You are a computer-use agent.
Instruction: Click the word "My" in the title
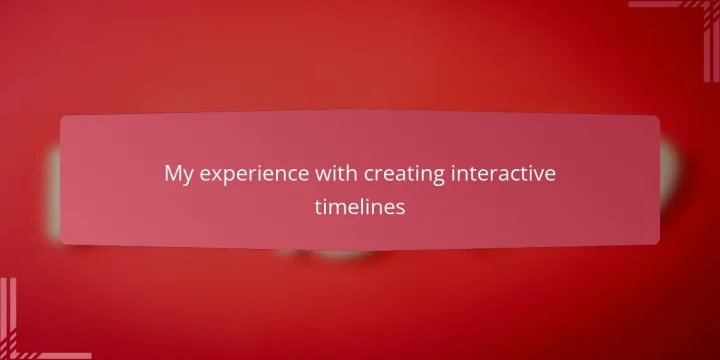click(177, 174)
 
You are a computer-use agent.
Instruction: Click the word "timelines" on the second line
click(360, 208)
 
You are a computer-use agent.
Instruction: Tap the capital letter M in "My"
click(172, 174)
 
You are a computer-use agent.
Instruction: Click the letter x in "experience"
click(211, 175)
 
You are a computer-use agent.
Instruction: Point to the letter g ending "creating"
click(414, 177)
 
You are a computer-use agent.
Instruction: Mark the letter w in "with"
click(300, 175)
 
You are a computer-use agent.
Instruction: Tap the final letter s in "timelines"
click(401, 209)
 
